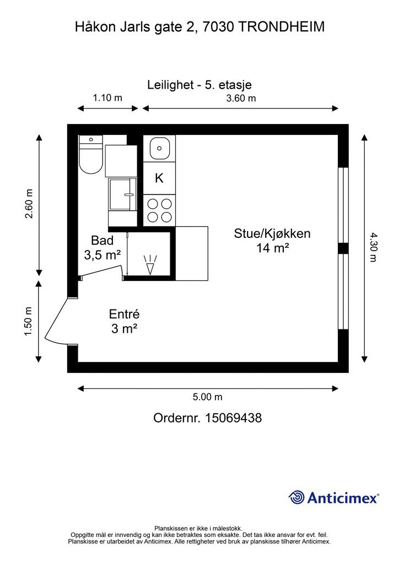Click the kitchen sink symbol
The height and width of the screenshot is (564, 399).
click(x=159, y=148)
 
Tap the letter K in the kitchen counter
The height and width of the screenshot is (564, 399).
click(x=159, y=178)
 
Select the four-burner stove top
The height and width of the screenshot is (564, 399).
click(x=159, y=210)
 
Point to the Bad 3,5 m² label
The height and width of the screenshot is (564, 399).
click(x=103, y=247)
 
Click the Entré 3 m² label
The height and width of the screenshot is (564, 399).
click(x=124, y=321)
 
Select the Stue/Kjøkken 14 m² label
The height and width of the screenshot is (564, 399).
click(x=272, y=240)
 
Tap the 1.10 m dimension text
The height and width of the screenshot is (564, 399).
click(x=107, y=97)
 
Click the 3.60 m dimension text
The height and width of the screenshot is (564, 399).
click(x=241, y=98)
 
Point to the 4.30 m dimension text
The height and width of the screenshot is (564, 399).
click(x=374, y=247)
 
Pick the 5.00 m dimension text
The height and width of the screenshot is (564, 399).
click(x=208, y=397)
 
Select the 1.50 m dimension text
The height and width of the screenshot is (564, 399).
click(x=29, y=321)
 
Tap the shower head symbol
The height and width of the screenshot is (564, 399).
click(x=150, y=265)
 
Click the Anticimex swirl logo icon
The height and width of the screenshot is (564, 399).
click(x=297, y=497)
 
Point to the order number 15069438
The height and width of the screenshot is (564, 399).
click(x=234, y=418)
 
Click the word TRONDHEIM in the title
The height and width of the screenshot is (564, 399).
click(x=282, y=26)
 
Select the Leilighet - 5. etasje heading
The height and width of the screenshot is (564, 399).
click(x=199, y=85)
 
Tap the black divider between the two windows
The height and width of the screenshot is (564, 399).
click(x=343, y=248)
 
